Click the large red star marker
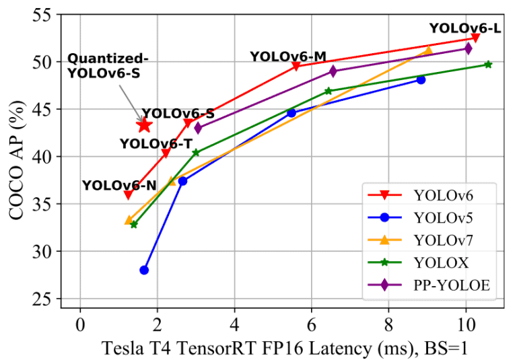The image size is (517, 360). [x=144, y=124]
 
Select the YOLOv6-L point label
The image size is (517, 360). [x=464, y=28]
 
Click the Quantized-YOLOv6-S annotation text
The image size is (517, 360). [x=104, y=66]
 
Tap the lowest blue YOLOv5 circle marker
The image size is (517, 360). [x=144, y=270]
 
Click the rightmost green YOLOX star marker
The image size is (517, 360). [x=488, y=65]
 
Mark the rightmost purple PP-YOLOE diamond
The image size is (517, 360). [x=468, y=48]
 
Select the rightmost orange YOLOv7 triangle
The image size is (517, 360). [x=428, y=50]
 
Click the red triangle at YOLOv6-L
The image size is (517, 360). [x=475, y=38]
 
